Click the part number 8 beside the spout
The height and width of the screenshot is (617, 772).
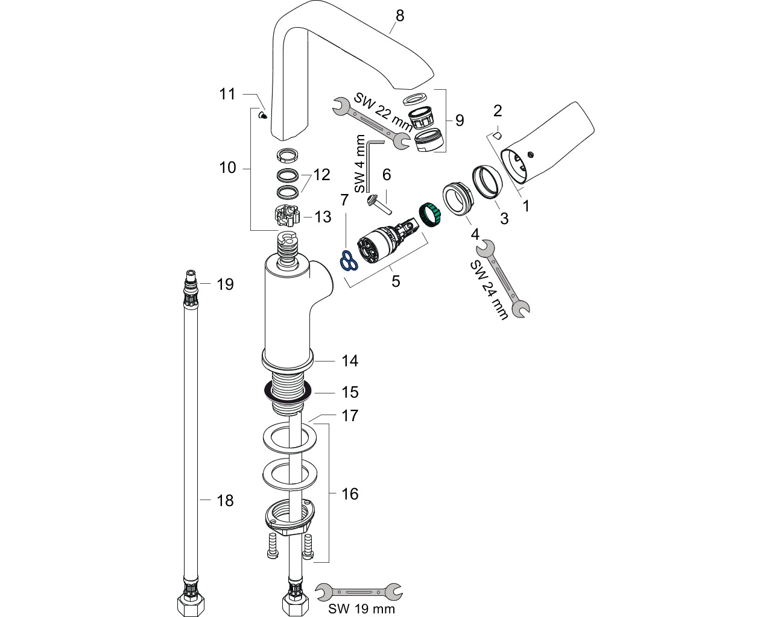click(x=400, y=16)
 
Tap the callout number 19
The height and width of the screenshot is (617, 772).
click(x=225, y=284)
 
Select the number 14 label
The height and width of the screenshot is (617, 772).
click(x=350, y=361)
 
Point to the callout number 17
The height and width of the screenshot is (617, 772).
click(x=350, y=416)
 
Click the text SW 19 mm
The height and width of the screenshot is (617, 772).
click(x=361, y=609)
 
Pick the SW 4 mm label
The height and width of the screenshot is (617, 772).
click(x=360, y=163)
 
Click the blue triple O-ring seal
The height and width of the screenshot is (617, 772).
click(x=349, y=260)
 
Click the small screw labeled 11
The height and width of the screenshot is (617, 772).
click(x=263, y=116)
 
